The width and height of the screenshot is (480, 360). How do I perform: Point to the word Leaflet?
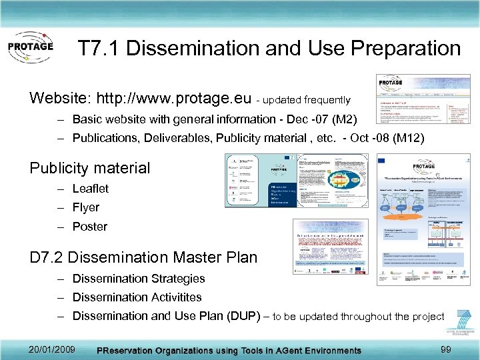[x=90, y=189]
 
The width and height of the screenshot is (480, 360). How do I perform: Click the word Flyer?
[x=85, y=207]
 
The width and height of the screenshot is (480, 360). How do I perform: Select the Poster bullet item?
[x=89, y=227]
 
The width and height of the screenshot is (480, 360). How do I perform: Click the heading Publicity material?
[x=90, y=168]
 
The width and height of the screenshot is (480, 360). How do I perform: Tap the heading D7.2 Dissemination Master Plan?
[x=143, y=257]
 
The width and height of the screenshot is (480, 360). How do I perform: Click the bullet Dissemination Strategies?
[x=138, y=279]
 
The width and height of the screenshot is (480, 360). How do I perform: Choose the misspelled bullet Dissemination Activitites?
[x=137, y=297]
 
